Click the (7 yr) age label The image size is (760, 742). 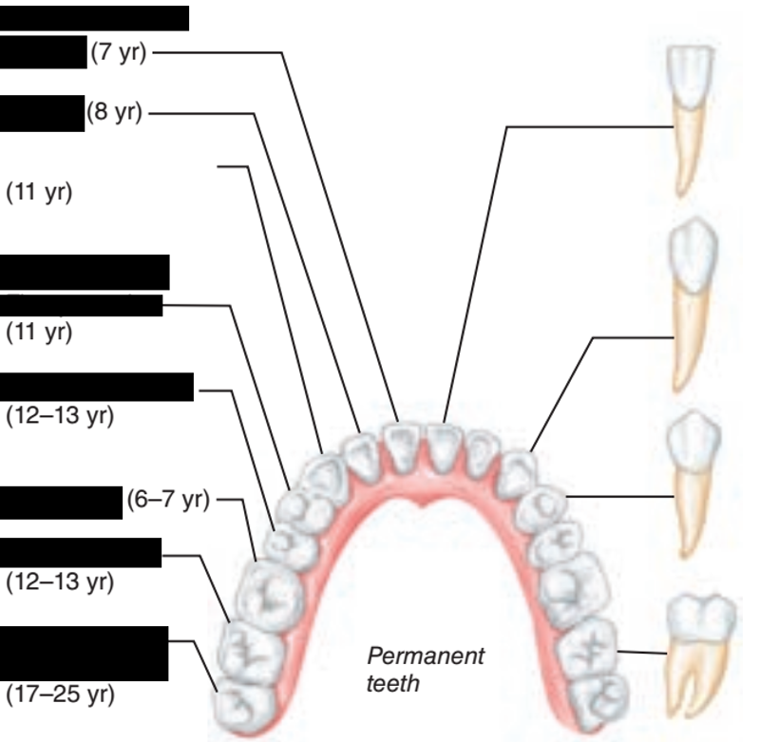click(118, 54)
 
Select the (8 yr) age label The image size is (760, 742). click(114, 112)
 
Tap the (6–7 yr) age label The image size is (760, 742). click(166, 500)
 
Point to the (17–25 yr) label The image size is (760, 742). click(61, 694)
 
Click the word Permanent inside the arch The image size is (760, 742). click(425, 656)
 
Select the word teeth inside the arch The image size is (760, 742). click(392, 683)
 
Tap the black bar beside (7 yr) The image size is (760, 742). click(44, 53)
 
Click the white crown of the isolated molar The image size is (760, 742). click(701, 618)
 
